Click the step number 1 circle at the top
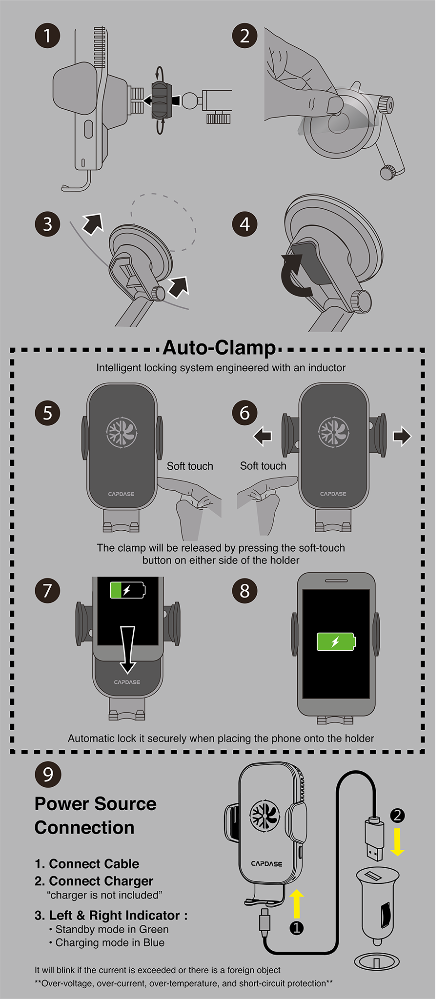tap(47, 36)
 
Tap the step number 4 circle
tap(244, 224)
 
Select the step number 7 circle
tap(47, 591)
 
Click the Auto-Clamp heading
tap(219, 348)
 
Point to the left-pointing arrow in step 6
tap(263, 436)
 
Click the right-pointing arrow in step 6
tap(402, 436)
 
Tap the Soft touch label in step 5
tap(190, 466)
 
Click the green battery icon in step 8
tap(336, 642)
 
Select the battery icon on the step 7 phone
tap(127, 590)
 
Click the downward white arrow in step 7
tap(127, 649)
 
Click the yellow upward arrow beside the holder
tap(297, 904)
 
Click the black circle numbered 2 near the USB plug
tap(397, 815)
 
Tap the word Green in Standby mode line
tap(153, 930)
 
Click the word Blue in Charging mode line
tap(154, 943)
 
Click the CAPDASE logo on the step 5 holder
tap(121, 494)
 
